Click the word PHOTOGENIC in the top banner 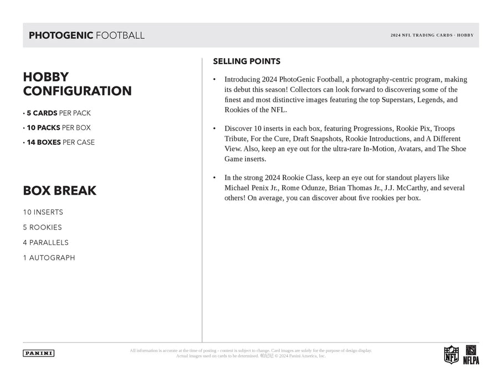(60, 35)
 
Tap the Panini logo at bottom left (38, 353)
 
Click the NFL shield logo (451, 354)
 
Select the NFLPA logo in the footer (470, 354)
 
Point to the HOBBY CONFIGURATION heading (77, 84)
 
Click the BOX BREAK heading (59, 191)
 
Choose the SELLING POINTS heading (247, 62)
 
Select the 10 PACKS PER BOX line (57, 127)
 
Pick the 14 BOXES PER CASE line (59, 142)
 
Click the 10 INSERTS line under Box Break (43, 212)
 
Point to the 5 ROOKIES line (42, 227)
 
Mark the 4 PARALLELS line (45, 242)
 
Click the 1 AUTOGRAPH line (49, 258)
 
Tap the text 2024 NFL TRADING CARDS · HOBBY (431, 35)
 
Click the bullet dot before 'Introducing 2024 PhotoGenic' (214, 80)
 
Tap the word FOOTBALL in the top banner (120, 35)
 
